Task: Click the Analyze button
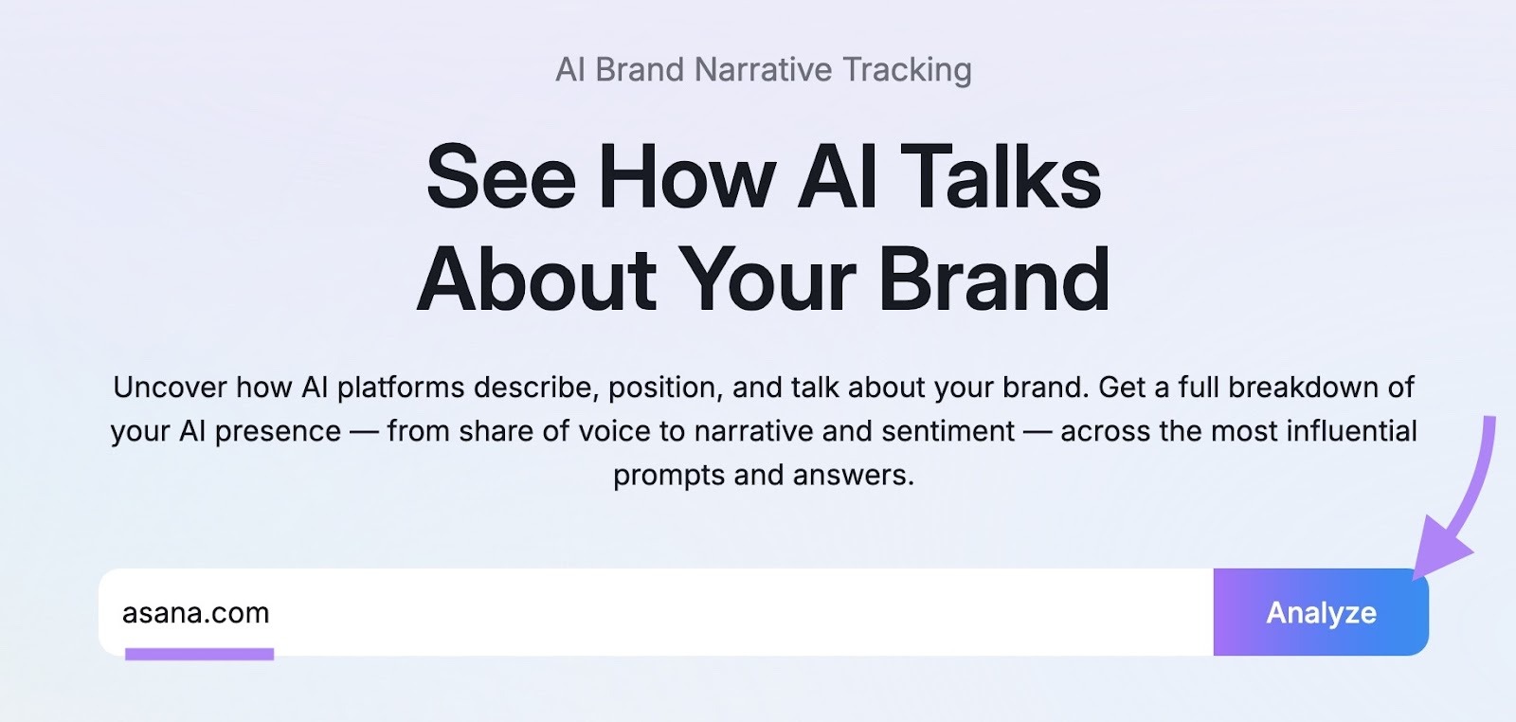click(x=1320, y=612)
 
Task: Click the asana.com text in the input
click(x=196, y=613)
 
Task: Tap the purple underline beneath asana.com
click(x=199, y=654)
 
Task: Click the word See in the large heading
click(x=501, y=177)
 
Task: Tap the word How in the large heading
click(x=688, y=177)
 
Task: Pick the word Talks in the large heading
click(x=1000, y=177)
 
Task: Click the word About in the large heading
click(x=536, y=280)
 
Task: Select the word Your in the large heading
click(x=767, y=280)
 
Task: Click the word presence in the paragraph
click(x=278, y=431)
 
